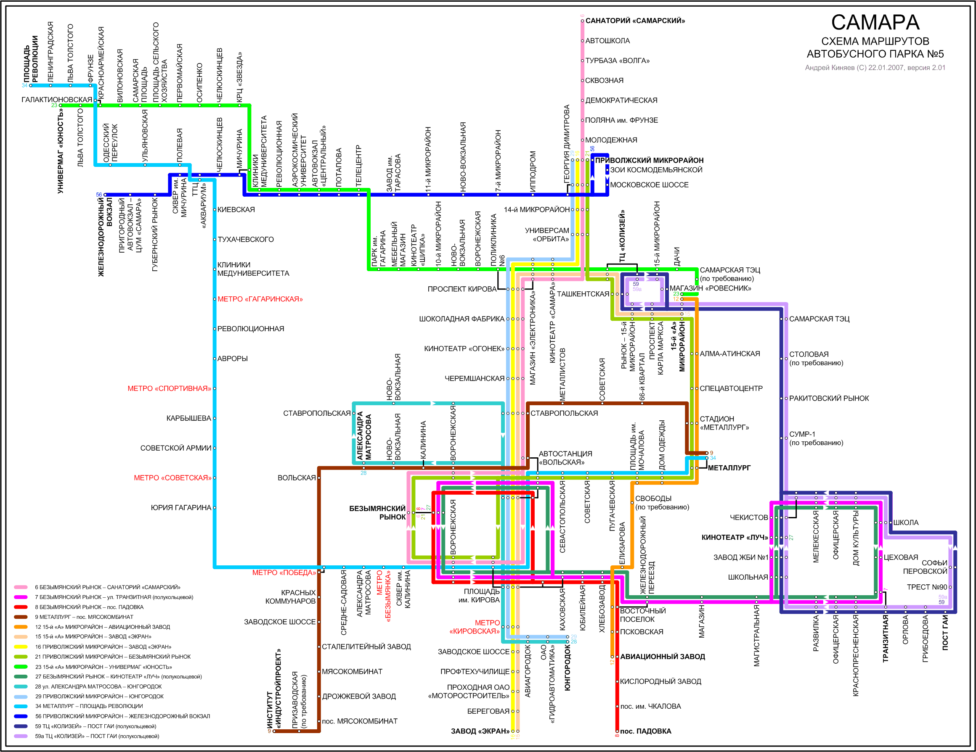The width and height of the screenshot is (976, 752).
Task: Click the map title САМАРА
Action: tap(875, 22)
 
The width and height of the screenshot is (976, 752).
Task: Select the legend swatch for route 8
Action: tap(21, 607)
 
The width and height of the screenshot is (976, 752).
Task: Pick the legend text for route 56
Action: tap(122, 716)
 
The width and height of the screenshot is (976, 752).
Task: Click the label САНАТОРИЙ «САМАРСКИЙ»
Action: tap(635, 21)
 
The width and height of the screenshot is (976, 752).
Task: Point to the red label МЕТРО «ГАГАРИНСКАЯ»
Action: tap(260, 299)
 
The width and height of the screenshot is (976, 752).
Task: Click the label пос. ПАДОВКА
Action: tap(646, 731)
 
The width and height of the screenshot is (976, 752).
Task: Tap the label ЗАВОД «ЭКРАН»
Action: tap(480, 731)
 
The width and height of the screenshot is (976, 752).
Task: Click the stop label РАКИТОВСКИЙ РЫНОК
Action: tap(829, 398)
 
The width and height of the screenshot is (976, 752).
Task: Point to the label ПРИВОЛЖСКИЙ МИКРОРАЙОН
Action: tap(649, 160)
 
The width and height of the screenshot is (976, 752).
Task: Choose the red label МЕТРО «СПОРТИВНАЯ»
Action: tap(170, 388)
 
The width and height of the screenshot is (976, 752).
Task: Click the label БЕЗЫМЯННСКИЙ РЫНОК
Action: tap(378, 513)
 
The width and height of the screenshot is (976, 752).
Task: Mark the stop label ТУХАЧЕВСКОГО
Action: tap(246, 240)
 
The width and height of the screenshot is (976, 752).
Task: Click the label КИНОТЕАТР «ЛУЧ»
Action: tap(735, 537)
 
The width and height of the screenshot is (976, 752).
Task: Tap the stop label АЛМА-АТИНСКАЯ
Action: tap(730, 354)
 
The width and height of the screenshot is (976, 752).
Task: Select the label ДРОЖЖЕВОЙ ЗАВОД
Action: tap(359, 696)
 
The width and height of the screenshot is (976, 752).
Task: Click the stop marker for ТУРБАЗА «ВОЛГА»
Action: tap(582, 61)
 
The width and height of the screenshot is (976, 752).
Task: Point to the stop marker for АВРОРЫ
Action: tap(215, 359)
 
